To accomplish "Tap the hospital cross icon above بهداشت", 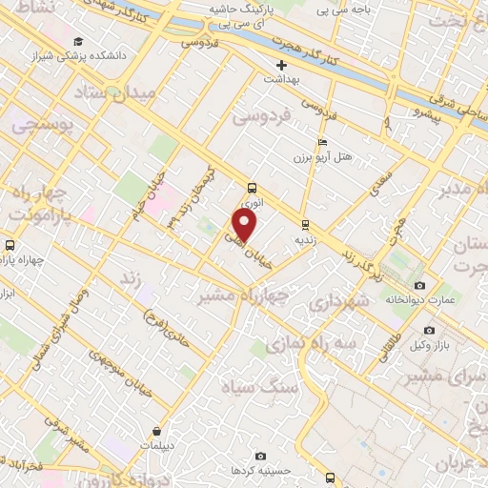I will coord(280,65).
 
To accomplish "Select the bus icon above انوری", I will coord(252,188).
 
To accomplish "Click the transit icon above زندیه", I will coord(305,225).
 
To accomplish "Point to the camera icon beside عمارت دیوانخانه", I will coord(419,286).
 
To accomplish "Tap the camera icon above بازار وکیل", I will coord(429,330).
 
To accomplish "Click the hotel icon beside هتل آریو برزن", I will coord(297,139).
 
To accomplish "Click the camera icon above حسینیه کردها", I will coord(260,457).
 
